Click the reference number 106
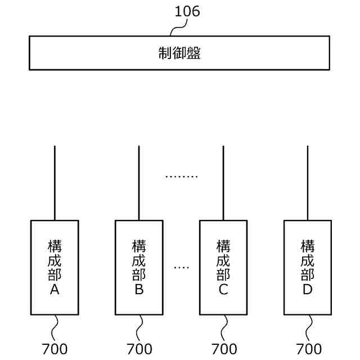[187, 11]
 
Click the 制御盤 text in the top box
[179, 53]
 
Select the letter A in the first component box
[55, 290]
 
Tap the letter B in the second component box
[139, 290]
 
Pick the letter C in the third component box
[223, 290]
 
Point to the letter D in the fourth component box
[308, 290]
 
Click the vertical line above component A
[55, 183]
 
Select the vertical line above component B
[139, 183]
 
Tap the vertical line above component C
[223, 183]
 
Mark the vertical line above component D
[308, 183]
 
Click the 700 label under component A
[55, 349]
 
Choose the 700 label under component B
[139, 349]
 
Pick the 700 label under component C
[224, 349]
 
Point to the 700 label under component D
[309, 349]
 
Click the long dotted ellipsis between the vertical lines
[181, 177]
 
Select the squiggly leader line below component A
[55, 327]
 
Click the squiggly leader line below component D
[308, 327]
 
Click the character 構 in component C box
[223, 246]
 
